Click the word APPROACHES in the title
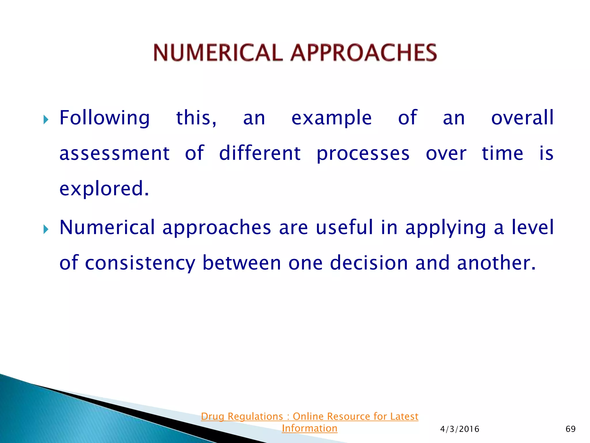pyautogui.click(x=364, y=53)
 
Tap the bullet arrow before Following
pyautogui.click(x=46, y=119)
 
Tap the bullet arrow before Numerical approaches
pyautogui.click(x=46, y=230)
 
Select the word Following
pyautogui.click(x=105, y=118)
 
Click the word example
pyautogui.click(x=332, y=118)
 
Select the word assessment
pyautogui.click(x=114, y=153)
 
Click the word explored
pyautogui.click(x=104, y=189)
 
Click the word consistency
pyautogui.click(x=140, y=263)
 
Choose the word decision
pyautogui.click(x=369, y=263)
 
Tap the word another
pyautogui.click(x=496, y=263)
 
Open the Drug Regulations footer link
pyautogui.click(x=309, y=422)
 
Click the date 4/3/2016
pyautogui.click(x=459, y=429)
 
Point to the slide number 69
pyautogui.click(x=570, y=429)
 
